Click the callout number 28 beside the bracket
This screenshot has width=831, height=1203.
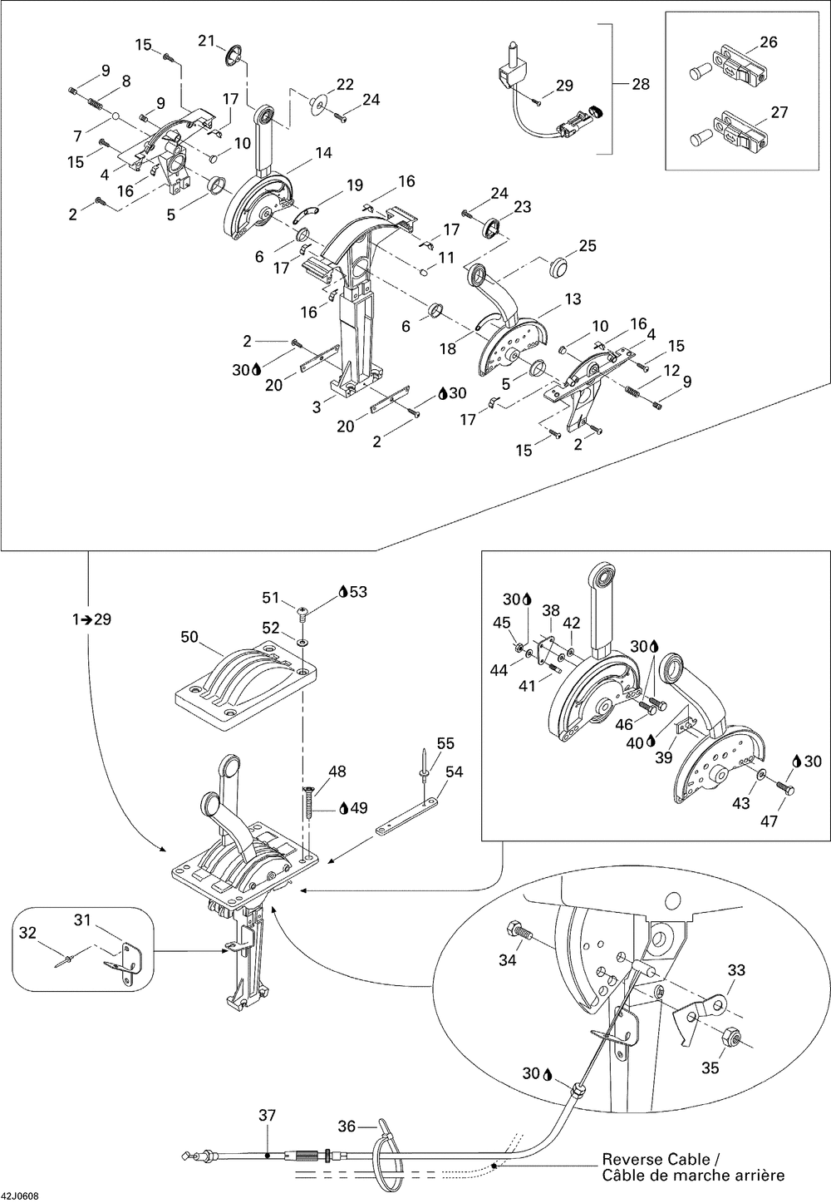[x=641, y=84]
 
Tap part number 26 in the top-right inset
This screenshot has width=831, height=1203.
[x=769, y=42]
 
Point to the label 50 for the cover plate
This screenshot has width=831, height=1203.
[x=190, y=637]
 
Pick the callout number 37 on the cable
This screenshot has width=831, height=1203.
[x=267, y=1115]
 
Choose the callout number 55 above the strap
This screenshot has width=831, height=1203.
[x=446, y=743]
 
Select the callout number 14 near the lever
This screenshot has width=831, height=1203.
[x=322, y=153]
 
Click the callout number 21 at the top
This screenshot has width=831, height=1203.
[x=206, y=41]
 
